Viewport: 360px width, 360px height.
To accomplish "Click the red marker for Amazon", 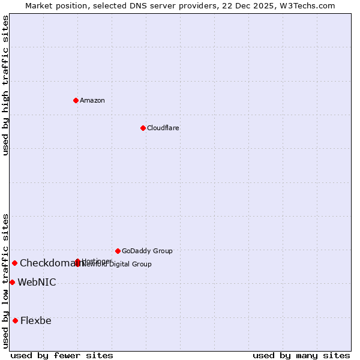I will (x=76, y=100).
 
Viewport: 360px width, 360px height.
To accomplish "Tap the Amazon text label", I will (x=92, y=100).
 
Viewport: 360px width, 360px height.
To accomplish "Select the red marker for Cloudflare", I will (x=143, y=128).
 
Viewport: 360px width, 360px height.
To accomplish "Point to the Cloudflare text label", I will (x=163, y=128).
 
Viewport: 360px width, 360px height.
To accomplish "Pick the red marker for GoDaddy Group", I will (x=118, y=251).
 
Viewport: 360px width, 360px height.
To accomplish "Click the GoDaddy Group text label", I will (x=147, y=251).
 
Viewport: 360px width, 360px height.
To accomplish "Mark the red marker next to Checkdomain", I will (x=14, y=263).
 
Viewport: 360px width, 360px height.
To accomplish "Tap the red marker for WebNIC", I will (x=12, y=282).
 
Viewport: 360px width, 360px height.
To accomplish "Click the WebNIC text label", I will (x=37, y=282).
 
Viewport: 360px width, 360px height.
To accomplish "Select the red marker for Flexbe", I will (x=15, y=320).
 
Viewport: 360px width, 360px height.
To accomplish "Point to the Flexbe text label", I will (x=35, y=320).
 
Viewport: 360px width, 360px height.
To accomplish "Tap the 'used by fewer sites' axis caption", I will (x=62, y=355).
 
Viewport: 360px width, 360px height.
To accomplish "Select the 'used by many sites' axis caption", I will (x=301, y=355).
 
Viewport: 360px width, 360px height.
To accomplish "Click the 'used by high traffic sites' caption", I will (x=5, y=85).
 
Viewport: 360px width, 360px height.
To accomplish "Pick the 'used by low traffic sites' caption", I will (x=5, y=281).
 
